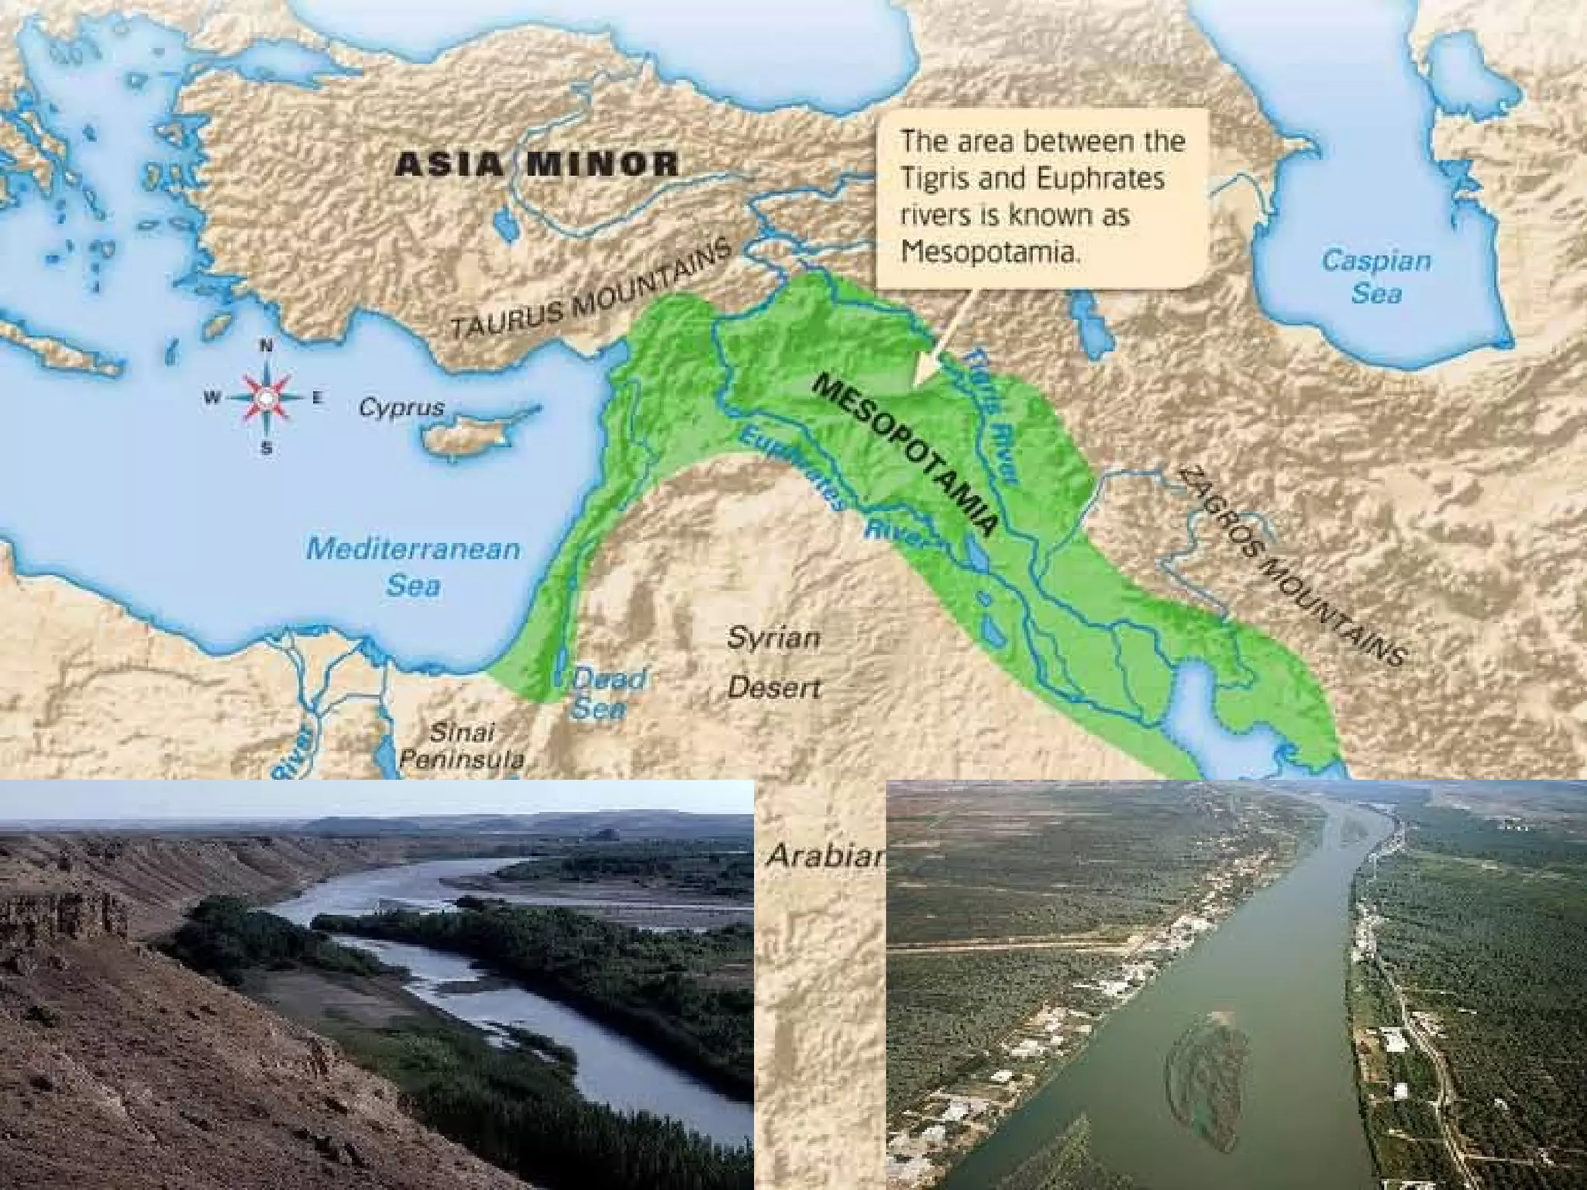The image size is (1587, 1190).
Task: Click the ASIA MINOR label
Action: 536,164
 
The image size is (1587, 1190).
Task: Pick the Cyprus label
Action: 401,408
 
